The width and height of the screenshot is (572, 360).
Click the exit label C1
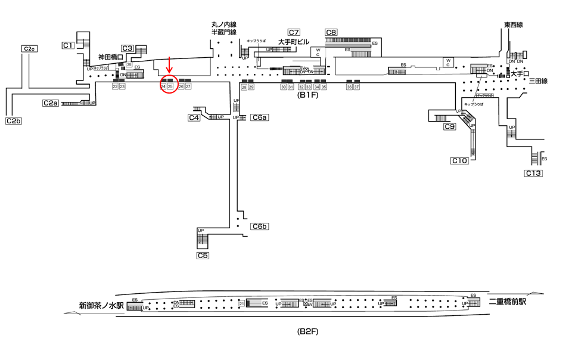coord(68,45)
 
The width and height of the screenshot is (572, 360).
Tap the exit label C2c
coord(30,48)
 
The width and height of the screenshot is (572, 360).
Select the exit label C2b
coord(14,121)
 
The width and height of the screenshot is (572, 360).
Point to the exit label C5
coord(203,255)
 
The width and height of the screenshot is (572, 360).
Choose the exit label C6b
coord(259,226)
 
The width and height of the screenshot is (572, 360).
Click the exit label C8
coord(331,32)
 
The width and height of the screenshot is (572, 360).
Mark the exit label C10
coord(459,160)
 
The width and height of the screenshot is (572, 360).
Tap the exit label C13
coord(533,173)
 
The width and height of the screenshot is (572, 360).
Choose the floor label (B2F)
coord(309,331)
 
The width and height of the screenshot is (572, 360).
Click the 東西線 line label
coord(513,25)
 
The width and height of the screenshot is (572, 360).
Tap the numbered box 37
coord(357,87)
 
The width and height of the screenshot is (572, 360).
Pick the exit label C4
coord(194,117)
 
